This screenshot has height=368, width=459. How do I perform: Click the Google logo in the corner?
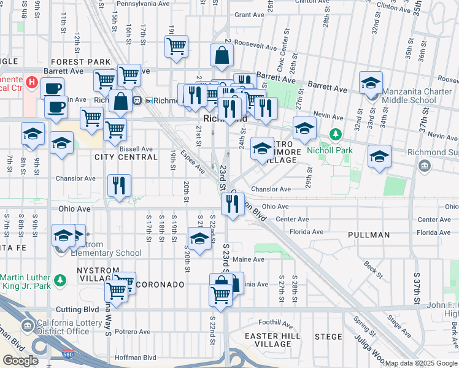20,361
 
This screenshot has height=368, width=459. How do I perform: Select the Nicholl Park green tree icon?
335,134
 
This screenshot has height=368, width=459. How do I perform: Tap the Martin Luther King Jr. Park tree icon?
60,280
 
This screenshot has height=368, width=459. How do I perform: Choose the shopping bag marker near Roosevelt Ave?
222,56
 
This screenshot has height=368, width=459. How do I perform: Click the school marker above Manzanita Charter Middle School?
371,83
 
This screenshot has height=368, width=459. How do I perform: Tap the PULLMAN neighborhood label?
368,235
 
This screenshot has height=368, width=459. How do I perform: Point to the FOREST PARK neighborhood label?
81,62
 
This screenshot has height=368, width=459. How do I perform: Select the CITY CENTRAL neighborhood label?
126,157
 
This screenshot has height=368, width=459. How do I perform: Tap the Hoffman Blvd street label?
133,357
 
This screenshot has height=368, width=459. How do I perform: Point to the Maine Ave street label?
249,259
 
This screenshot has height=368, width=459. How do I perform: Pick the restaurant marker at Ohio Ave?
233,203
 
